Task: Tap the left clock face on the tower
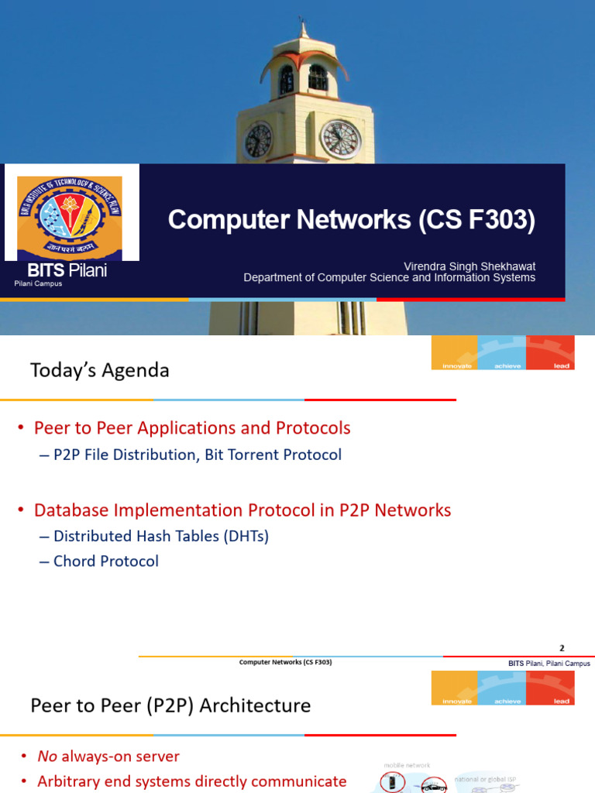point(257,140)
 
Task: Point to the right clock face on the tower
point(340,139)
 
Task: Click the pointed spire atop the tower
point(304,29)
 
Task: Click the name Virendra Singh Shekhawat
point(469,266)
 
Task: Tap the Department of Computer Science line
point(389,278)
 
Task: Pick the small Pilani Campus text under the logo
point(38,284)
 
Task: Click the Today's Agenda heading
point(99,371)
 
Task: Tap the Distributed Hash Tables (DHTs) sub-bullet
point(160,536)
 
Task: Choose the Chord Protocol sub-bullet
point(105,561)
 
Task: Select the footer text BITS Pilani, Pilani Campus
point(549,664)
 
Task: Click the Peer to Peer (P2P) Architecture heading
point(170,705)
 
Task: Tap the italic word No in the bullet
point(48,757)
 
